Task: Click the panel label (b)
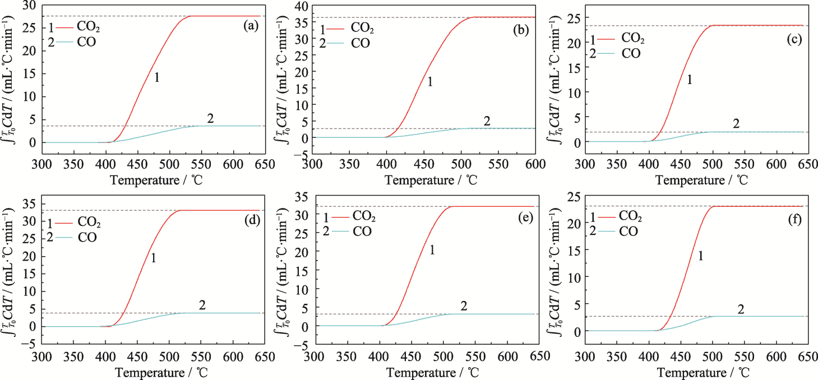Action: [523, 30]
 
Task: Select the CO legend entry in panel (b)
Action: [360, 43]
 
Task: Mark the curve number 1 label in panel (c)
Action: [690, 80]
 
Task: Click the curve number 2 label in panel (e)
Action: [464, 305]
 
